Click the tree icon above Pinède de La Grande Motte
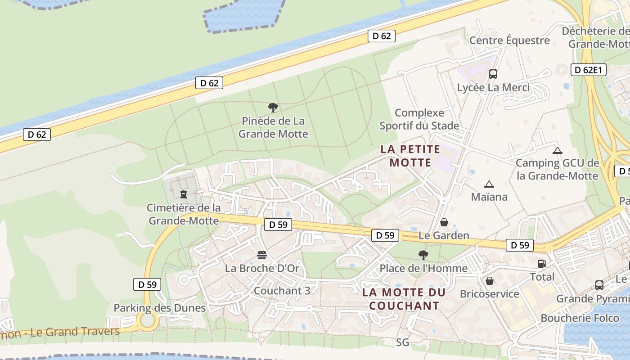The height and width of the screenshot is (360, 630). [x=273, y=108]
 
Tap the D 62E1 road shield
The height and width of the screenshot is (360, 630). [x=589, y=70]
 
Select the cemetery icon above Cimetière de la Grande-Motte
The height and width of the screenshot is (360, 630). [x=184, y=194]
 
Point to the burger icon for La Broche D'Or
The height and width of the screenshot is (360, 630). [x=262, y=255]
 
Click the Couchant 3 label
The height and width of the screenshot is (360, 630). [x=282, y=291]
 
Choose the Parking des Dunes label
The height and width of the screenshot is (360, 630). [x=159, y=308]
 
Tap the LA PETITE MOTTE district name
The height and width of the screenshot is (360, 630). [x=410, y=155]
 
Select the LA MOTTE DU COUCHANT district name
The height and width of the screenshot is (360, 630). [x=404, y=299]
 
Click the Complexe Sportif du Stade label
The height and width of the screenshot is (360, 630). [x=419, y=119]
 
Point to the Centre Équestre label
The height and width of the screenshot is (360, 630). [x=509, y=40]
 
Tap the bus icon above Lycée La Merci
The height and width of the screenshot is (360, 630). [x=493, y=74]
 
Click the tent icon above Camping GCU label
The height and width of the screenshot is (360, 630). [x=558, y=150]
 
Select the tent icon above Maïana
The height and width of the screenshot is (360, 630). [x=489, y=184]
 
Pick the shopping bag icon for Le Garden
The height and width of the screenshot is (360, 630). [x=444, y=222]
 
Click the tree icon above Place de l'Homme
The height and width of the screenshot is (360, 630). [x=423, y=255]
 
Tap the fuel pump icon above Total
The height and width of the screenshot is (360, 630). [x=542, y=264]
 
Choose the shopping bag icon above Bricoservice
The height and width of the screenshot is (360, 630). [x=490, y=281]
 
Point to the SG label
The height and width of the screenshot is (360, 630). [x=403, y=342]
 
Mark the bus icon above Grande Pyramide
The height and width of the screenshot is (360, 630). [x=599, y=285]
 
